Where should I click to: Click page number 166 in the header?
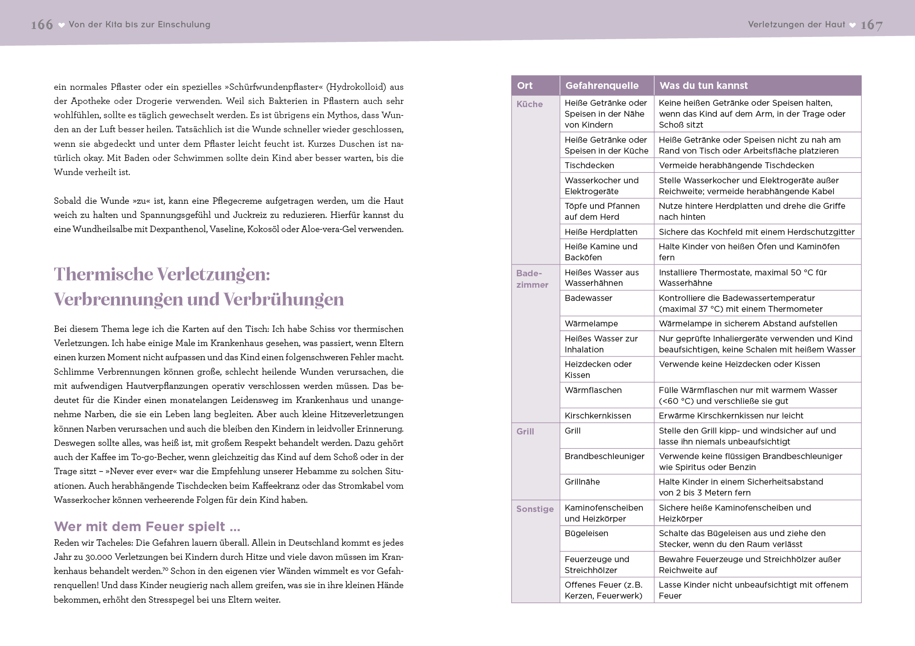[x=42, y=25]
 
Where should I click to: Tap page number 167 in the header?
[x=871, y=25]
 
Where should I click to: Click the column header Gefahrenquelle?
[x=602, y=86]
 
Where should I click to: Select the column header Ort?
[x=525, y=86]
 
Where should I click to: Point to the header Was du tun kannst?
[x=704, y=86]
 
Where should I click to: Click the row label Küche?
[x=529, y=104]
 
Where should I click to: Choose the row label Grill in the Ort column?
[x=525, y=431]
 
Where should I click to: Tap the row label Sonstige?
[x=535, y=509]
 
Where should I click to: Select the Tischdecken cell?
[x=589, y=165]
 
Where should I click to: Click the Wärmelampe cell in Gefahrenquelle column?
[x=591, y=324]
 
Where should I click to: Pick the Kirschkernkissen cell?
[x=598, y=416]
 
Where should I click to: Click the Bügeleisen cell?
[x=586, y=533]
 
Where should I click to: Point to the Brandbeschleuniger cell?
[x=604, y=456]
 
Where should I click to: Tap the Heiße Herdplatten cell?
[x=601, y=232]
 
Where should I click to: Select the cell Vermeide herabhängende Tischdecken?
[x=736, y=165]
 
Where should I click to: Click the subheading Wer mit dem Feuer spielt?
[x=147, y=527]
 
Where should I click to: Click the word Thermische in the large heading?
[x=103, y=274]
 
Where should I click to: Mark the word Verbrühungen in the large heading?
[x=284, y=300]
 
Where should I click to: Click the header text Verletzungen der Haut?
[x=796, y=25]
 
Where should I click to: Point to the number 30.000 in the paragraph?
[x=98, y=557]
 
